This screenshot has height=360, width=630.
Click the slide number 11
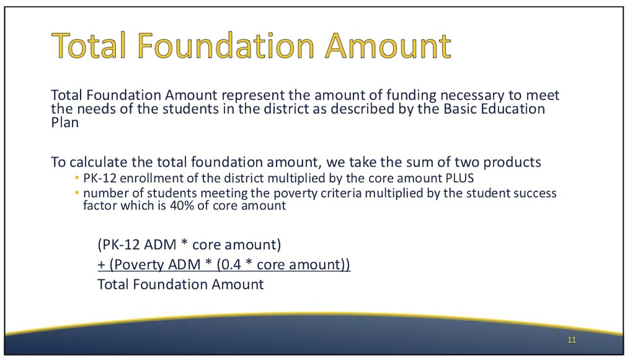tap(572, 340)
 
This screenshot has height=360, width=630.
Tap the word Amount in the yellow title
tap(387, 45)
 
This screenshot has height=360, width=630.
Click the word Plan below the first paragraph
tap(65, 122)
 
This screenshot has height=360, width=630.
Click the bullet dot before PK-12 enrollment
tap(77, 178)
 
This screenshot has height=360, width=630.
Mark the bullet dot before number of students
tap(77, 193)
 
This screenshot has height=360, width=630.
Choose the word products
tap(512, 163)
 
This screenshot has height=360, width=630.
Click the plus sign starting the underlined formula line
tap(101, 265)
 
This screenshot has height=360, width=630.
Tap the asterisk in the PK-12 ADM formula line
tap(185, 243)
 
